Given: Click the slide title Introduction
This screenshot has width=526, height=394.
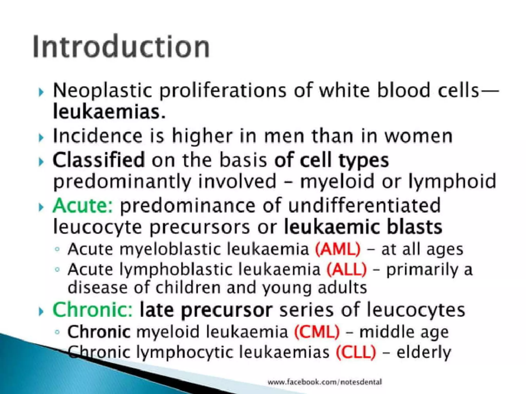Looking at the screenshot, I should pyautogui.click(x=121, y=47).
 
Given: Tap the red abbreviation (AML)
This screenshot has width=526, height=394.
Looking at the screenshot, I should pyautogui.click(x=338, y=249).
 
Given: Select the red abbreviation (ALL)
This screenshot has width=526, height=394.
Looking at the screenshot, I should pyautogui.click(x=347, y=270).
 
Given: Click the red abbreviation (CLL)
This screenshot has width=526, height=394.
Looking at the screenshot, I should pyautogui.click(x=356, y=352).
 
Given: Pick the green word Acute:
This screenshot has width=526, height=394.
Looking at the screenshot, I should pyautogui.click(x=82, y=206).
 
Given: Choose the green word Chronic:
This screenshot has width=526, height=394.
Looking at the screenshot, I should pyautogui.click(x=93, y=310).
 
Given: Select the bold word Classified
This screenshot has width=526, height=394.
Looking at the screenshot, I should pyautogui.click(x=99, y=160).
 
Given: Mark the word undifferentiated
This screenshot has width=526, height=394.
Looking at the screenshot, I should pyautogui.click(x=364, y=206).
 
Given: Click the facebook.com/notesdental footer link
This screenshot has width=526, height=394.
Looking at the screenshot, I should pyautogui.click(x=325, y=382).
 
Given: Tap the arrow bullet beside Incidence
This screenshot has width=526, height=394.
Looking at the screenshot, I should pyautogui.click(x=41, y=138).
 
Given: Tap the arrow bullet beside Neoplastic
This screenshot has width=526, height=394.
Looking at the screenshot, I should pyautogui.click(x=41, y=92).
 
